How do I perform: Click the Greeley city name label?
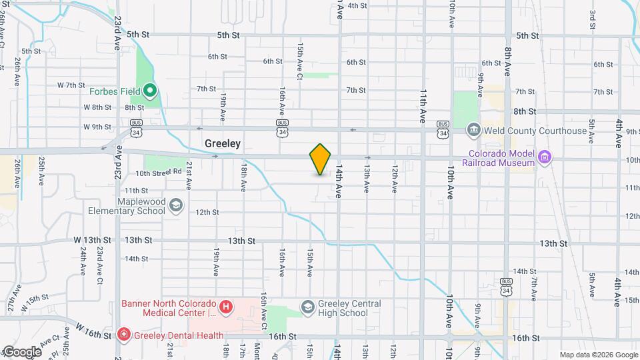223,143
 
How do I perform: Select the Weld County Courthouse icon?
473,128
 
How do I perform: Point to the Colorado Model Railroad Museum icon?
545,158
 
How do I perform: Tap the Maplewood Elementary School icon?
175,206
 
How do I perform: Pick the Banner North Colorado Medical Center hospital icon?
227,307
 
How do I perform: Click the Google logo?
21,352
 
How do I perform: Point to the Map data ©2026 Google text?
598,355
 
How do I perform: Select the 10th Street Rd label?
159,173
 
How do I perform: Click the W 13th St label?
97,240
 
